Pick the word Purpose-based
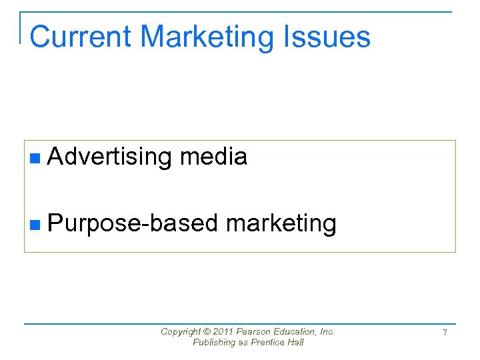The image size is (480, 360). (x=133, y=223)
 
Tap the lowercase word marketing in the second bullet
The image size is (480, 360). (x=281, y=224)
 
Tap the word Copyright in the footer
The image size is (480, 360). (x=179, y=331)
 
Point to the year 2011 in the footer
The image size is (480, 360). (x=224, y=331)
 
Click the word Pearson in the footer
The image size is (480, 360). (x=255, y=331)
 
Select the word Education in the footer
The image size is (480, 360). (x=296, y=331)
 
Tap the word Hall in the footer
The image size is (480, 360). (x=295, y=342)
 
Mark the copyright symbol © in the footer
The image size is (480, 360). (x=205, y=331)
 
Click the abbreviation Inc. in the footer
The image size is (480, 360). (x=327, y=331)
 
